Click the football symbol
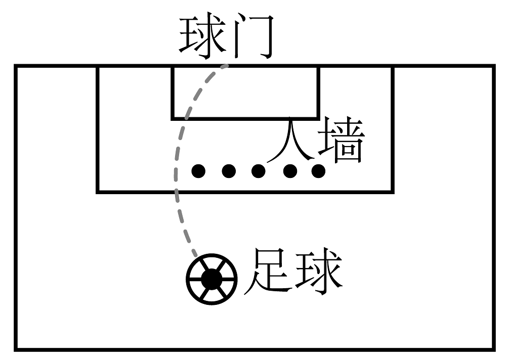coord(212,277)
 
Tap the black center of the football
coord(212,278)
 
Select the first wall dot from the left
coord(199,171)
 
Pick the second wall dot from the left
coord(229,171)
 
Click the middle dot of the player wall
coord(259,171)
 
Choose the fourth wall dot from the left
coord(289,171)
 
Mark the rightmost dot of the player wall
coord(318,171)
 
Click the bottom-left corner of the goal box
coord(173,118)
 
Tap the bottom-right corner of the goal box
coord(319,118)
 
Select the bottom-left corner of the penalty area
coord(98,192)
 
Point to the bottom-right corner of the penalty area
coord(393,192)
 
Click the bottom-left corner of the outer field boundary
coord(16,349)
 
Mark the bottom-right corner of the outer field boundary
coord(493,349)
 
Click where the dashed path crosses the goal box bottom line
coord(187,118)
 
